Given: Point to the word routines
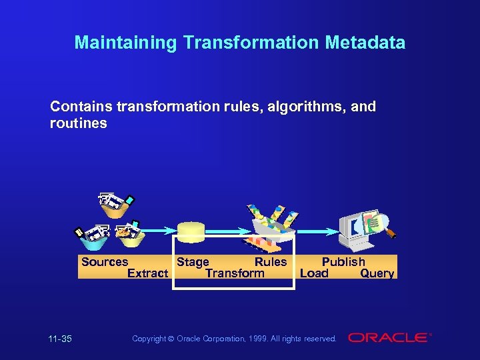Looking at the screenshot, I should pyautogui.click(x=78, y=124).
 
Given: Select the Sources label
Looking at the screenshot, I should pyautogui.click(x=104, y=262).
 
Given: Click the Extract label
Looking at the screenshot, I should pyautogui.click(x=147, y=273).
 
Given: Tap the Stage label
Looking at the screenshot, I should pyautogui.click(x=193, y=262).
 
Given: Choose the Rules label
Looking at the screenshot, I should pyautogui.click(x=271, y=262).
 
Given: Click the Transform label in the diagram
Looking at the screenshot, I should pyautogui.click(x=235, y=273).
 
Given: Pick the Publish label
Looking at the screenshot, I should pyautogui.click(x=343, y=262).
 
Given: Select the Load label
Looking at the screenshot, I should pyautogui.click(x=314, y=273).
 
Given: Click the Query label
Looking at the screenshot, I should pyautogui.click(x=377, y=273).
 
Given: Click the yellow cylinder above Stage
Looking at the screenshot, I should pyautogui.click(x=191, y=232).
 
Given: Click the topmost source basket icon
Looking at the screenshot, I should pyautogui.click(x=116, y=205).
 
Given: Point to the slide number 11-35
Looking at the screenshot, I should pyautogui.click(x=60, y=339).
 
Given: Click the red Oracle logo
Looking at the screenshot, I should pyautogui.click(x=388, y=338).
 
